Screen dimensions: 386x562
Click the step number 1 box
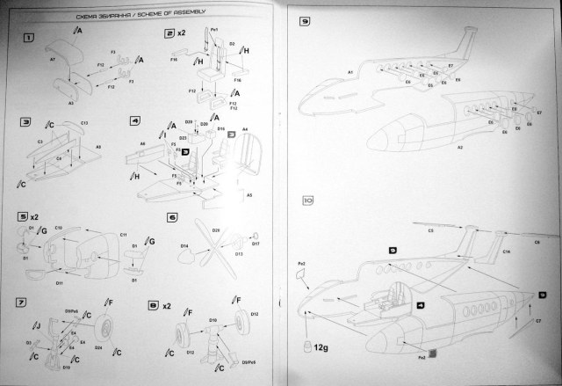pos(29,39)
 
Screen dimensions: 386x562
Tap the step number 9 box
pos(306,20)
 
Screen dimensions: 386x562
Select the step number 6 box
pos(172,216)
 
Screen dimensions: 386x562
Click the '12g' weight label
pos(321,350)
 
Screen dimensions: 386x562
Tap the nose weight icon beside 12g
pos(307,342)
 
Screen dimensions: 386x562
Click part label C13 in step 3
pos(84,122)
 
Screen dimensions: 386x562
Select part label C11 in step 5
pos(124,236)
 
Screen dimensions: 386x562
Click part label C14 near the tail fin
pos(507,251)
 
